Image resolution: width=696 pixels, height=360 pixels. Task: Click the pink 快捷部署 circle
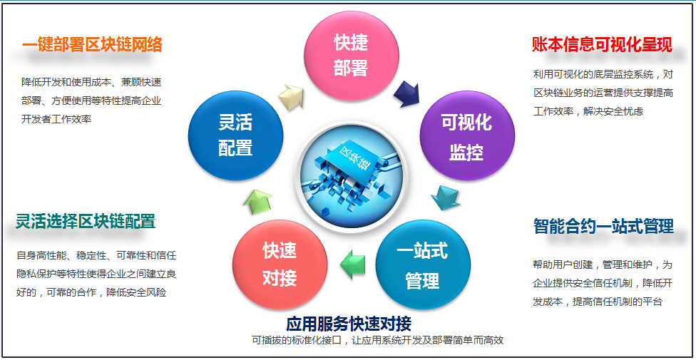click(x=351, y=56)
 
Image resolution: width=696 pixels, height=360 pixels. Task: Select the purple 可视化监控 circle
click(x=467, y=136)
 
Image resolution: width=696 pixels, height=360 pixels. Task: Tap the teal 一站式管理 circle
click(x=423, y=265)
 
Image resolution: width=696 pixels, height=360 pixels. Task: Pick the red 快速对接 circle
click(x=280, y=265)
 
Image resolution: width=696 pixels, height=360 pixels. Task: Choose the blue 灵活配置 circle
click(x=236, y=135)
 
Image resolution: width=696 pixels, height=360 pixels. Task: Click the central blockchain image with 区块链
click(x=351, y=177)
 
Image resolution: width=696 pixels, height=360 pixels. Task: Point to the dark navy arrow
click(x=406, y=93)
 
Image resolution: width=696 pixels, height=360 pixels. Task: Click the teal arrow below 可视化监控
click(x=445, y=197)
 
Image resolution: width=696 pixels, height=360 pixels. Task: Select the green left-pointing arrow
click(x=352, y=265)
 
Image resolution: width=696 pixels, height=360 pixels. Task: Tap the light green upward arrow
click(x=258, y=202)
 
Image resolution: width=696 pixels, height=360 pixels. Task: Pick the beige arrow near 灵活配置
click(x=291, y=95)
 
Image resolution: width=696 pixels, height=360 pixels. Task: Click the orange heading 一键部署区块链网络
click(x=92, y=45)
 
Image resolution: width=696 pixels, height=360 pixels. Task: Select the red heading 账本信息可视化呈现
click(x=603, y=45)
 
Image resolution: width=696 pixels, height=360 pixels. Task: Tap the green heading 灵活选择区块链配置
click(x=86, y=220)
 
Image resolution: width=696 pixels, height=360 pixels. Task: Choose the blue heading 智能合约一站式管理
click(x=604, y=226)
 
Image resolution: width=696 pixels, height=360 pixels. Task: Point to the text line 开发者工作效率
click(x=56, y=119)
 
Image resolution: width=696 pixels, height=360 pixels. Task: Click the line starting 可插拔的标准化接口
click(x=378, y=341)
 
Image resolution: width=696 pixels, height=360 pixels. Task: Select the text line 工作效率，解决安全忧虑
click(x=588, y=111)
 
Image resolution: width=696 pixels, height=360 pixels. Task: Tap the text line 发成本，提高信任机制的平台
click(x=598, y=302)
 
